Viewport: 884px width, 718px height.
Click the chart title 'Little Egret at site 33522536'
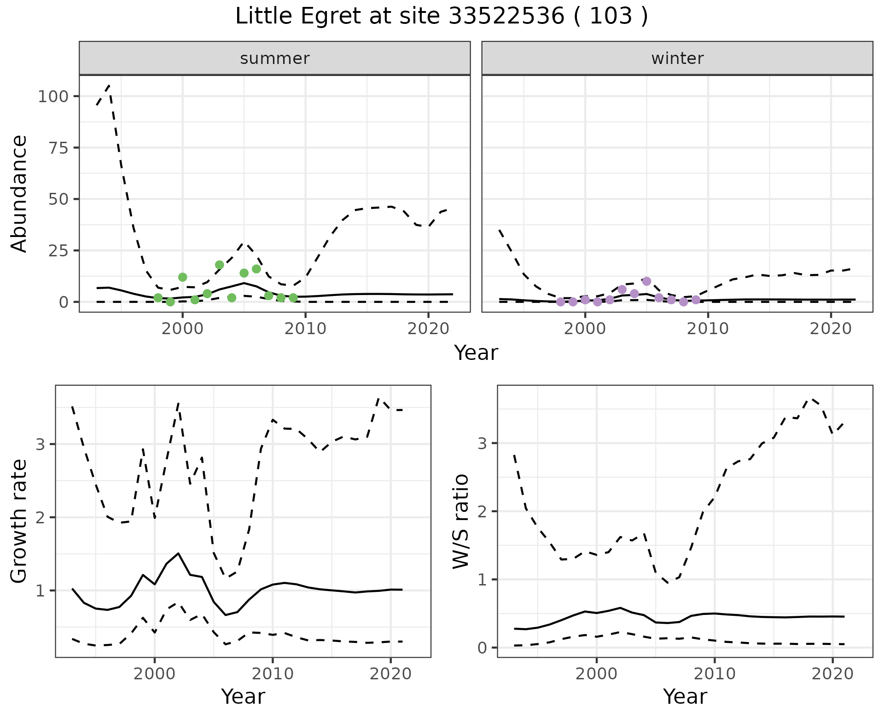pyautogui.click(x=441, y=17)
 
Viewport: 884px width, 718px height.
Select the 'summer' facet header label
pyautogui.click(x=275, y=58)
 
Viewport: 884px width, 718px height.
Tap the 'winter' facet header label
pyautogui.click(x=677, y=58)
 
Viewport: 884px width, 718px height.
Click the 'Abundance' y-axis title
pyautogui.click(x=19, y=193)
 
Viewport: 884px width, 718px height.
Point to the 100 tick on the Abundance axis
pyautogui.click(x=53, y=97)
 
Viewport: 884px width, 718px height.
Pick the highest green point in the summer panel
pyautogui.click(x=220, y=265)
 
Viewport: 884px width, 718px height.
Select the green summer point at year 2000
pyautogui.click(x=182, y=277)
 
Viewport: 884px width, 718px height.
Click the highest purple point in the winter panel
pyautogui.click(x=646, y=281)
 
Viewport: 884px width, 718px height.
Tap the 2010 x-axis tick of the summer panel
pyautogui.click(x=305, y=329)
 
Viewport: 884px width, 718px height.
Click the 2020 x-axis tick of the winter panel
pyautogui.click(x=831, y=329)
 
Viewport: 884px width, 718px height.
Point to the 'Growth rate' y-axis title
pyautogui.click(x=19, y=521)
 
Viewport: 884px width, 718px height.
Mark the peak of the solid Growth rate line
pyautogui.click(x=178, y=553)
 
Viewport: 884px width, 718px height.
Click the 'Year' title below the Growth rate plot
pyautogui.click(x=243, y=696)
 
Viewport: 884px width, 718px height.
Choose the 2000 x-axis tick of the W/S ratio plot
pyautogui.click(x=596, y=674)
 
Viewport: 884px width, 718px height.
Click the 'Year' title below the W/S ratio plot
pyautogui.click(x=685, y=696)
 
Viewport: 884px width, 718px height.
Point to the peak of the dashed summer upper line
pyautogui.click(x=109, y=86)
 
